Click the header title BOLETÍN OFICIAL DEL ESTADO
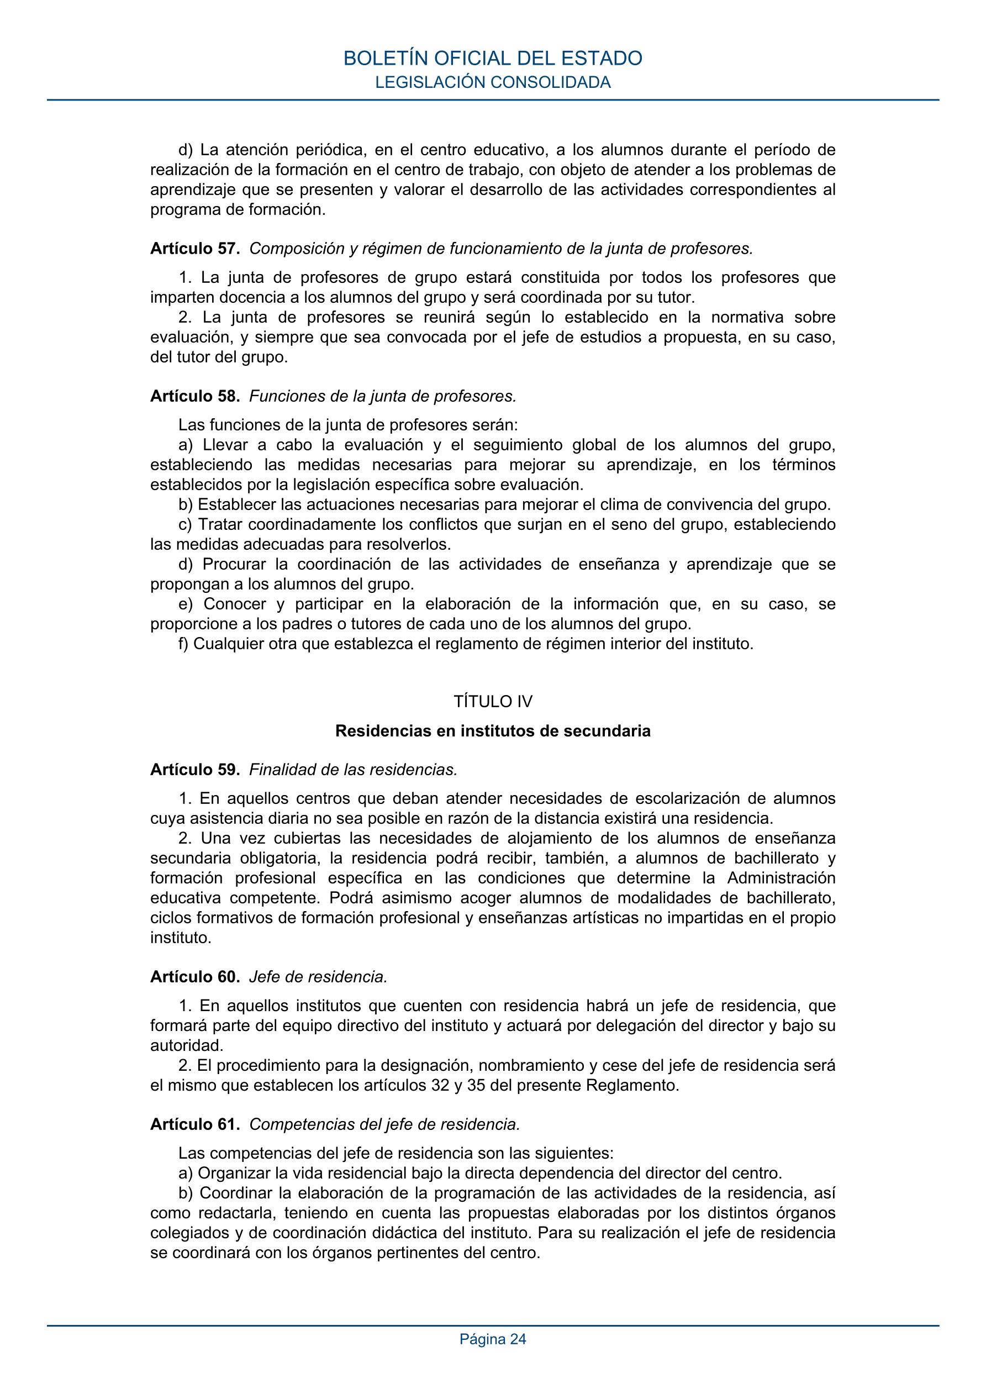click(x=492, y=58)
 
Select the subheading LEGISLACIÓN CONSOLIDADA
click(x=492, y=82)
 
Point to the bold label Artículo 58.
click(x=195, y=397)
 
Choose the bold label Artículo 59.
click(x=195, y=770)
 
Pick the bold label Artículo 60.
click(x=195, y=977)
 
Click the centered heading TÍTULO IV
click(x=492, y=702)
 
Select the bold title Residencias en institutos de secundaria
click(x=492, y=731)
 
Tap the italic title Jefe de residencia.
click(x=318, y=977)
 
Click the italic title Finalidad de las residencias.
click(x=354, y=770)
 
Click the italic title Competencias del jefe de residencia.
click(x=385, y=1124)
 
